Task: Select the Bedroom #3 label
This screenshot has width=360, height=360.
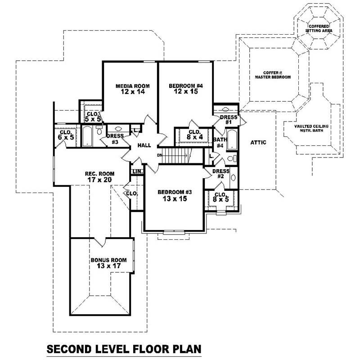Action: tap(175, 192)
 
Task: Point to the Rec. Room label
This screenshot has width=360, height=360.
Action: tap(99, 174)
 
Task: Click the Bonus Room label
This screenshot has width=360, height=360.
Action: tap(108, 260)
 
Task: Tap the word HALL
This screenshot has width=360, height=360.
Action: tap(144, 145)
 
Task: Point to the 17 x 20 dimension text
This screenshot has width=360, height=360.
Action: tap(99, 180)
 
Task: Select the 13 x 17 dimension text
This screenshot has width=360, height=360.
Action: tap(108, 266)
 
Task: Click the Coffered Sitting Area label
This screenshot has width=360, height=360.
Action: tap(319, 29)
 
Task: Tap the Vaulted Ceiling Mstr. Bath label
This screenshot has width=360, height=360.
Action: tap(311, 128)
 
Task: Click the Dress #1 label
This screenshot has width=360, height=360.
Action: tap(228, 120)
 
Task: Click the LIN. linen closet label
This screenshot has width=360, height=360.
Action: tap(137, 172)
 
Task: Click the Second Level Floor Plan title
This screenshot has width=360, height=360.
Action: tap(123, 349)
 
